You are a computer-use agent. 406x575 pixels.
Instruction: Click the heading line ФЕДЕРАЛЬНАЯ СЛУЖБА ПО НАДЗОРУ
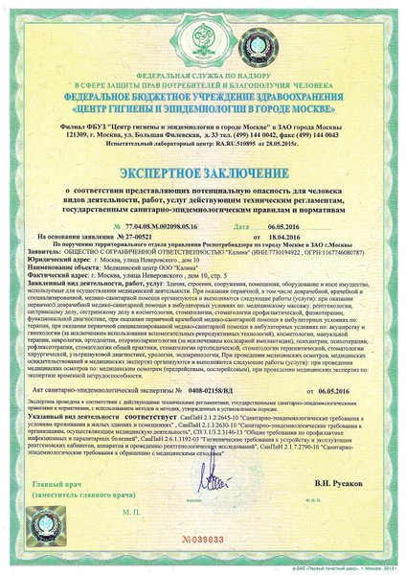click(202, 73)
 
